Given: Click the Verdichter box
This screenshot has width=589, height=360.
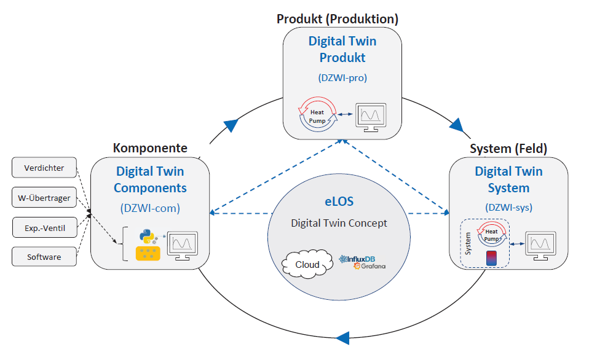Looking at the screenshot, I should click(44, 168).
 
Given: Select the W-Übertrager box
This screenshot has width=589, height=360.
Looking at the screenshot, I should click(44, 198).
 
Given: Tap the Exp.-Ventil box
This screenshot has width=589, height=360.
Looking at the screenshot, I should click(44, 228).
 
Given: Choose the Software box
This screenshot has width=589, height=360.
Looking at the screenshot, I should click(44, 257).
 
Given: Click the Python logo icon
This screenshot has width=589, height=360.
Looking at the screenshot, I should click(146, 235).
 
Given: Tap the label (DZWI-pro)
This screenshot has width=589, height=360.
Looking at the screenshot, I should click(342, 78).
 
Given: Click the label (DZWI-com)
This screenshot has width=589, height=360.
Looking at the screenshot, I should click(150, 208).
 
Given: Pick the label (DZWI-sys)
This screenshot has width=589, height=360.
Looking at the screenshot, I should click(508, 207).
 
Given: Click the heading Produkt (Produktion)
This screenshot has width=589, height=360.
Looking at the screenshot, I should click(338, 19).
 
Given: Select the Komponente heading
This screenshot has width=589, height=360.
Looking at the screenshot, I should click(150, 148).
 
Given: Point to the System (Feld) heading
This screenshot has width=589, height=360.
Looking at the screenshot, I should click(508, 148).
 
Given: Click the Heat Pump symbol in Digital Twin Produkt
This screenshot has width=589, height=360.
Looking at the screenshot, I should click(317, 112).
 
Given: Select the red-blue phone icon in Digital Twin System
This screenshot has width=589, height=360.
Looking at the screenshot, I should click(491, 258).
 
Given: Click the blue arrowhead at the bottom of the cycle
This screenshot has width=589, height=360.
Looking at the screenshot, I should click(342, 337).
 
